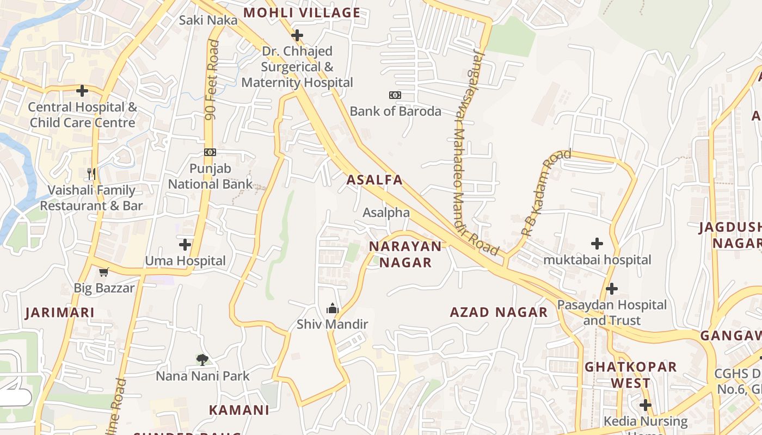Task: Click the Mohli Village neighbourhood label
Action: [302, 13]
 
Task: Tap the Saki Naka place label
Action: [208, 20]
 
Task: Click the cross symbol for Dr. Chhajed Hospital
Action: [297, 36]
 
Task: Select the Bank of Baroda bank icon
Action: [395, 95]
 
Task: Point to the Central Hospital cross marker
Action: [82, 91]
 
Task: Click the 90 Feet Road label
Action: [212, 80]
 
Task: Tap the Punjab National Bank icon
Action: [210, 152]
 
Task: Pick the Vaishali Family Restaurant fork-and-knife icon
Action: [91, 174]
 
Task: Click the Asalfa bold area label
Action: [375, 180]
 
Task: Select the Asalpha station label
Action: [386, 212]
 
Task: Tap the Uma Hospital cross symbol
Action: [185, 245]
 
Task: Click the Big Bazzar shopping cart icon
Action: [104, 272]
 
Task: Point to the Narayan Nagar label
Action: [405, 254]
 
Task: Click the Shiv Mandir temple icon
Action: [332, 309]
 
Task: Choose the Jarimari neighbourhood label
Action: [60, 313]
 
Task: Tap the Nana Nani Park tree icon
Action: [202, 359]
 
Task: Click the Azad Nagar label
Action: [499, 312]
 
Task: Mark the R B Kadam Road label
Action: [546, 192]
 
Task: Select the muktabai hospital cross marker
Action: [597, 244]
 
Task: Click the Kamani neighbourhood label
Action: [239, 410]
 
